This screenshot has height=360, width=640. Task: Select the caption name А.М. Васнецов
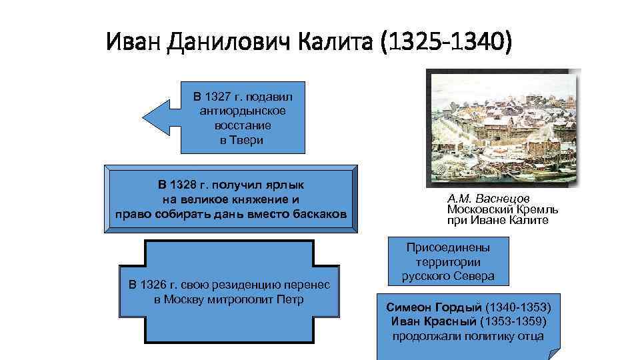[489, 199]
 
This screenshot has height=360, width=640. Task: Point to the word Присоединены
[447, 247]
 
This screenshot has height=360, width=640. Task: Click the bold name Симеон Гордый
[434, 307]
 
